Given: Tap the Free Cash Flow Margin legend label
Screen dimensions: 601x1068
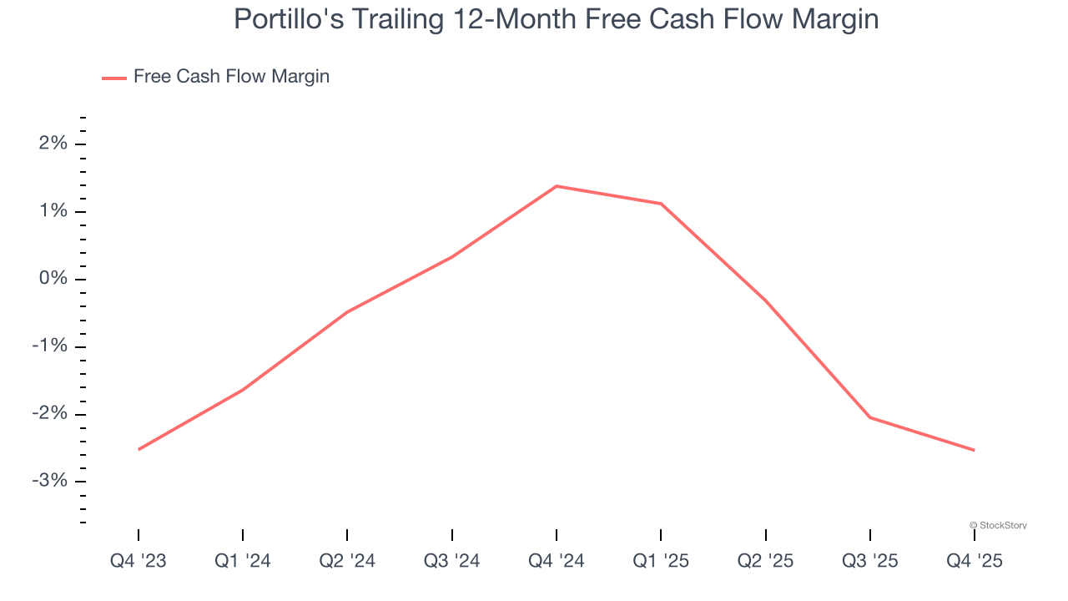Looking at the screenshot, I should tap(231, 77).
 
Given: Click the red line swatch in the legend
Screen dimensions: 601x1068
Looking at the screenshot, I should tap(114, 78).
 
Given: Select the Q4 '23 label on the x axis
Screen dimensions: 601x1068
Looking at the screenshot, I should tap(139, 561).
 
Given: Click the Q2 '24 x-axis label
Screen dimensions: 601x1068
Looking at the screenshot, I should tap(347, 561).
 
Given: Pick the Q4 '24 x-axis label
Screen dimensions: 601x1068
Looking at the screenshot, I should tap(557, 561).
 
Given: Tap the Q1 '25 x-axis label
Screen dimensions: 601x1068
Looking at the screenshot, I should tap(661, 561).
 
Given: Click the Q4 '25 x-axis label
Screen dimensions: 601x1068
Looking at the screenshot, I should tap(974, 561).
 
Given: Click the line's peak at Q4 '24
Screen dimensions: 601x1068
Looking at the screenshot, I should tap(557, 186).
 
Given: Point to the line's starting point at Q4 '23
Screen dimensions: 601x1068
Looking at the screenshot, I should tap(139, 449).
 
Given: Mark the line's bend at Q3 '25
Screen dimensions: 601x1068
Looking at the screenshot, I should tap(870, 417).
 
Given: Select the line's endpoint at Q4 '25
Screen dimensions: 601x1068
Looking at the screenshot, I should tap(974, 450).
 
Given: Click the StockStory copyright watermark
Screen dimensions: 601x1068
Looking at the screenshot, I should tap(998, 525).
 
